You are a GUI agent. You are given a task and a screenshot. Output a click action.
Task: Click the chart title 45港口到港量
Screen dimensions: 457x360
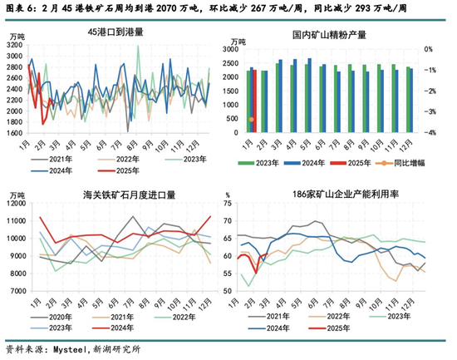[x=115, y=32]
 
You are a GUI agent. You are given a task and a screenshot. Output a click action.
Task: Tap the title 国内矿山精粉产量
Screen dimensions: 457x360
[x=329, y=35]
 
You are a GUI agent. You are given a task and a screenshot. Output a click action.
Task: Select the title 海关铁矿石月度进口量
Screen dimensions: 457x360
[x=129, y=195]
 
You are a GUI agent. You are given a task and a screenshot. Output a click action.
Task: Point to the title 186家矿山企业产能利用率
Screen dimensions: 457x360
[x=346, y=194]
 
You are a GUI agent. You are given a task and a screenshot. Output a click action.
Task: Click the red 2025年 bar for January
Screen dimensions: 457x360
[x=255, y=101]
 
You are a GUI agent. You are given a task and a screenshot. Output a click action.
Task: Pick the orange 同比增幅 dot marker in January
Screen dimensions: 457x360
[x=252, y=120]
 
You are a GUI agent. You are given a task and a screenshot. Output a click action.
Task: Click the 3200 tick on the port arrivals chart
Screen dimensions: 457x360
[x=14, y=45]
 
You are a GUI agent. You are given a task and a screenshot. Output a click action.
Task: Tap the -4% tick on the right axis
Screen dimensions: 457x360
[x=430, y=132]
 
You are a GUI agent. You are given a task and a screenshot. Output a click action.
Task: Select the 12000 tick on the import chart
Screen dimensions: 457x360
[x=16, y=203]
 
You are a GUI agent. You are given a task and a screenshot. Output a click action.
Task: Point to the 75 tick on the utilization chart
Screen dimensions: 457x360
[x=228, y=203]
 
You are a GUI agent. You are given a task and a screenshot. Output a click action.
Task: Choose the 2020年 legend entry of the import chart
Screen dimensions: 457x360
[x=52, y=317]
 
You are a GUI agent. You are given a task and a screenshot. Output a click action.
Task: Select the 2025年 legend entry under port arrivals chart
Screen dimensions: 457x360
[x=119, y=170]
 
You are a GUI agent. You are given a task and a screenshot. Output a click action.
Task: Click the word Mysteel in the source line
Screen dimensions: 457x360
[x=70, y=349]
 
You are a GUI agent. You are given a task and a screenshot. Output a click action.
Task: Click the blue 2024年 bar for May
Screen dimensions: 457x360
[x=310, y=96]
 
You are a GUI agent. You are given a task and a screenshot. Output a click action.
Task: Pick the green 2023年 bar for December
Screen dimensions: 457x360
[x=408, y=100]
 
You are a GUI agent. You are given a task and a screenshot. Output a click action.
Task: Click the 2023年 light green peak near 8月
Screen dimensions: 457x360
[x=138, y=47]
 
